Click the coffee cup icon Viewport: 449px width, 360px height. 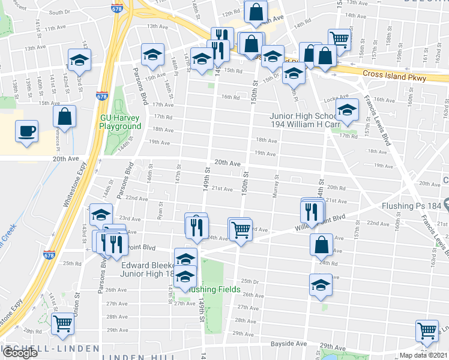pyautogui.click(x=27, y=131)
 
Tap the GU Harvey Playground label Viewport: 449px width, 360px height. pyautogui.click(x=120, y=122)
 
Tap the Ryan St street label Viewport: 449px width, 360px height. pyautogui.click(x=160, y=211)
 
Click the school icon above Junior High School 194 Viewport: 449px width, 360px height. pyautogui.click(x=347, y=109)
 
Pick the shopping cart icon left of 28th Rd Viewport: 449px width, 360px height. pyautogui.click(x=62, y=323)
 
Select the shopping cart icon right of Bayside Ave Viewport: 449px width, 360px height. pyautogui.click(x=427, y=330)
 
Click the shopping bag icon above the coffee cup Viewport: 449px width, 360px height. pyautogui.click(x=65, y=115)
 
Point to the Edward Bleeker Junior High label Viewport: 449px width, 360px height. pyautogui.click(x=148, y=269)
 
